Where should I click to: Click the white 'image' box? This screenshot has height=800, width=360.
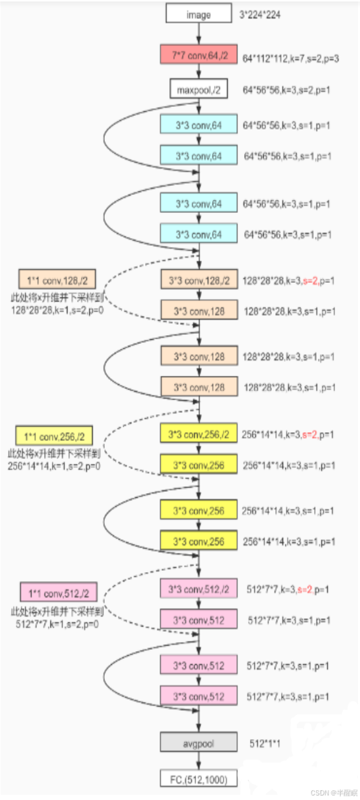(198, 14)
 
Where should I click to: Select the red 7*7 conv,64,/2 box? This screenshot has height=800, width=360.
(199, 56)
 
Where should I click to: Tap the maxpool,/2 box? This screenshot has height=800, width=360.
(199, 89)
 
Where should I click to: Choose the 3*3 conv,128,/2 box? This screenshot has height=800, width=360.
(199, 280)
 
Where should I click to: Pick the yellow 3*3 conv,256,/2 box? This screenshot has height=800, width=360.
(199, 435)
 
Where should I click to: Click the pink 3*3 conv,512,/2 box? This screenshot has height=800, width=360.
(199, 589)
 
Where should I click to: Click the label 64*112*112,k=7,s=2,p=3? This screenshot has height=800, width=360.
(291, 58)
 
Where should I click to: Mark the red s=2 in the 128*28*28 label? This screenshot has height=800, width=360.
(311, 281)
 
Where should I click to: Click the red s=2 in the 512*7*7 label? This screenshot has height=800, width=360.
(306, 590)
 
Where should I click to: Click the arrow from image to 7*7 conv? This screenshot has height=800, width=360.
(199, 34)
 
